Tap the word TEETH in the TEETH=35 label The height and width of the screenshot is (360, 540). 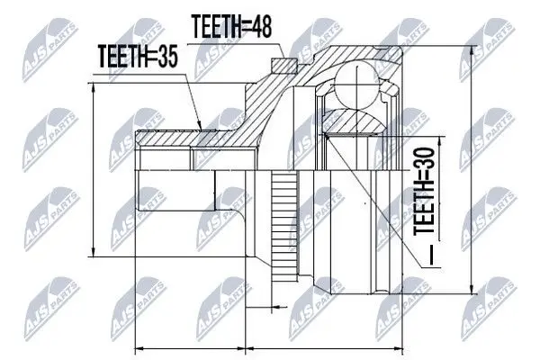tap(121, 56)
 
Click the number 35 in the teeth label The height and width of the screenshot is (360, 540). tap(166, 56)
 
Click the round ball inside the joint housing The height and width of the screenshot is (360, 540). tap(356, 85)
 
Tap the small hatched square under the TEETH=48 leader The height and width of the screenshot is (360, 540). tap(284, 66)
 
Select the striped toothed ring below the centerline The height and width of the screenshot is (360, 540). tap(284, 226)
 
